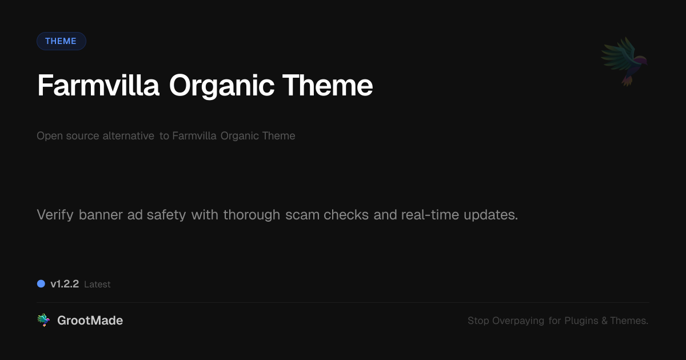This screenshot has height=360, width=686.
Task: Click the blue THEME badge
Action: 61,41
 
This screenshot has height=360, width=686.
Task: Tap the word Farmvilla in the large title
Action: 98,86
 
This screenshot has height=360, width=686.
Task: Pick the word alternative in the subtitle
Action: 128,136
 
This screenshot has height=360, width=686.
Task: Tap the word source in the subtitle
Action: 82,136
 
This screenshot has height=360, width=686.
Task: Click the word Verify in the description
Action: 55,215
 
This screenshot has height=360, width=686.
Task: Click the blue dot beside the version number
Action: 41,284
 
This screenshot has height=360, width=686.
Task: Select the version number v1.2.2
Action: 65,284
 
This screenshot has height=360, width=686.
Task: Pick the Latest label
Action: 97,284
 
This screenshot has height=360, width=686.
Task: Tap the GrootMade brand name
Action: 90,321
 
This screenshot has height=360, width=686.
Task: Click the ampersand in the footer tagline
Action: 604,321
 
